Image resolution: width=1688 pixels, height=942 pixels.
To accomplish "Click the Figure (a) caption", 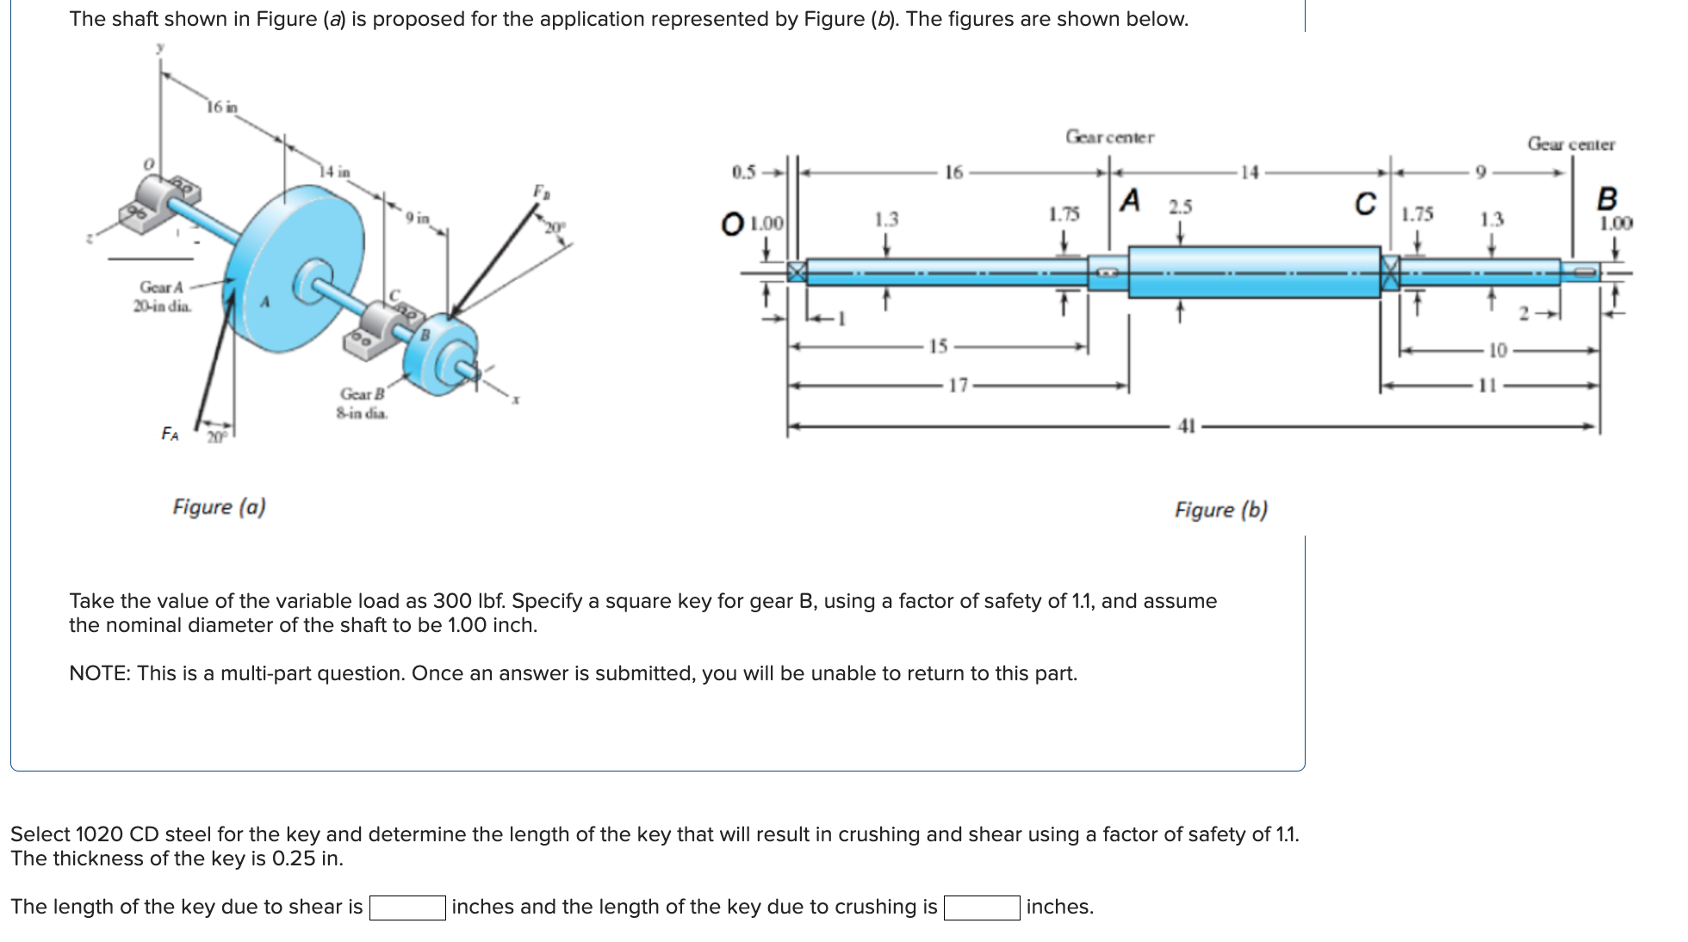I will pos(219,506).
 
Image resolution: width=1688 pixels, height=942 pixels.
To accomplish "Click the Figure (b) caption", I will pos(1220,510).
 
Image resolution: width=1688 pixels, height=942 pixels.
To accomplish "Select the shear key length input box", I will pos(407,908).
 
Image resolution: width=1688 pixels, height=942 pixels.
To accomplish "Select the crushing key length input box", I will pos(982,908).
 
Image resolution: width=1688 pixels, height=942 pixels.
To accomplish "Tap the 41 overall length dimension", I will pos(1187,425).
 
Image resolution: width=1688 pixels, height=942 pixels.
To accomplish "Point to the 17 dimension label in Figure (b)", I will pos(958,385).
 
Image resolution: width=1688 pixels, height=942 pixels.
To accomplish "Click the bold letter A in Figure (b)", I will pos(1130,201).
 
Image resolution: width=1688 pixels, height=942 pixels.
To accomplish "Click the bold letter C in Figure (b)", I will pos(1365,204).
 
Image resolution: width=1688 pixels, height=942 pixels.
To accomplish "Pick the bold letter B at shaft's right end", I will pos(1606,199).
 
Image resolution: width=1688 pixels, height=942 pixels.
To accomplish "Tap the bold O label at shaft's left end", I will pos(732,224).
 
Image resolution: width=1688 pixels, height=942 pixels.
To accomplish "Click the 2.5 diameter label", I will pos(1180,207).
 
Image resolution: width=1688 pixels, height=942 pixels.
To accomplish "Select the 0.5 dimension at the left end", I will pos(743,171).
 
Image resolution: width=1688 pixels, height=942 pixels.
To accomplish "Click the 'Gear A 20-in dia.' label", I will pos(162,296).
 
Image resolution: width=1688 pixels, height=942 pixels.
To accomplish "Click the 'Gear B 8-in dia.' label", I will pos(362,403).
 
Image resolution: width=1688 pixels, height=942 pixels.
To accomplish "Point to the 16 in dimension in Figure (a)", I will pos(221,107).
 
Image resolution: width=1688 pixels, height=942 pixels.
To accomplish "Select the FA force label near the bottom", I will pos(171,433).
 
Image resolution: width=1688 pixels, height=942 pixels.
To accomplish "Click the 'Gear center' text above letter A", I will pos(1109,137).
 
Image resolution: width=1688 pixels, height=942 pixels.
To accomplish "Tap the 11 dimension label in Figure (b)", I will pos(1487,385).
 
